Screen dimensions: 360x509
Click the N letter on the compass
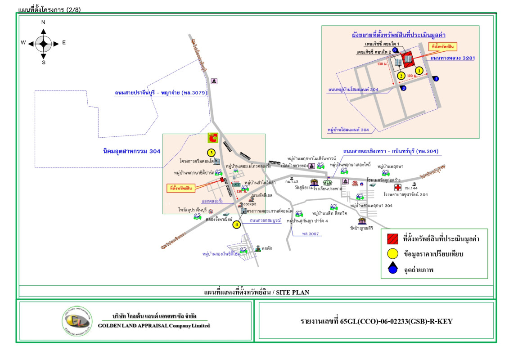pyautogui.click(x=43, y=22)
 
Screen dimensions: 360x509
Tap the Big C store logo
pyautogui.click(x=212, y=138)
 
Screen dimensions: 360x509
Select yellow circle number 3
pyautogui.click(x=211, y=152)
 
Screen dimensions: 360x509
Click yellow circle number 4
pyautogui.click(x=236, y=225)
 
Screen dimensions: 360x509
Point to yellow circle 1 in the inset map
pyautogui.click(x=419, y=70)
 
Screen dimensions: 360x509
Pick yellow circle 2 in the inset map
pyautogui.click(x=401, y=76)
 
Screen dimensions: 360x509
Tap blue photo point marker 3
pyautogui.click(x=394, y=50)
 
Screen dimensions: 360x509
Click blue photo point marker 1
pyautogui.click(x=436, y=79)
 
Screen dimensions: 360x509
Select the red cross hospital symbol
pyautogui.click(x=398, y=187)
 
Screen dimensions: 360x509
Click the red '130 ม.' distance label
pyautogui.click(x=383, y=64)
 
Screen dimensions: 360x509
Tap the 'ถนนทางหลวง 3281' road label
pyautogui.click(x=452, y=58)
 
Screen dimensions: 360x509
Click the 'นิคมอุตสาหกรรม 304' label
pyautogui.click(x=131, y=151)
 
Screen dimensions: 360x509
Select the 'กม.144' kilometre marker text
pyautogui.click(x=411, y=188)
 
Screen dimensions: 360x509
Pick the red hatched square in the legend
pyautogui.click(x=392, y=239)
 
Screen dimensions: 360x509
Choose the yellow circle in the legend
pyautogui.click(x=392, y=254)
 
